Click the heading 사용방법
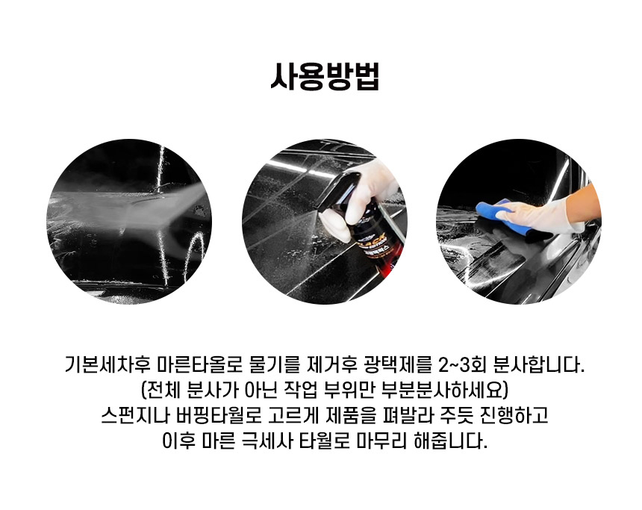pos(325,77)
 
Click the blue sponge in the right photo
pos(500,215)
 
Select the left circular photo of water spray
pos(129,221)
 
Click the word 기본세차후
pos(104,364)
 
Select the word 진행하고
pos(514,415)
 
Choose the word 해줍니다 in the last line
pos(451,441)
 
